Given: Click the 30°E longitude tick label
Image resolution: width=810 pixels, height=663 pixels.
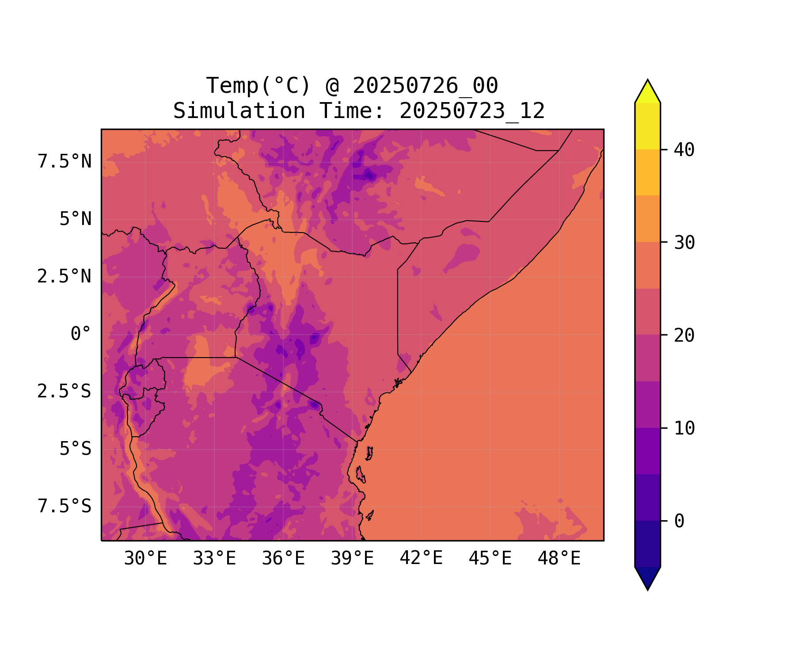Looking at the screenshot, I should pos(145,559).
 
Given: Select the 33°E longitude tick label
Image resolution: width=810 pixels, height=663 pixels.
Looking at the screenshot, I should pos(214,559).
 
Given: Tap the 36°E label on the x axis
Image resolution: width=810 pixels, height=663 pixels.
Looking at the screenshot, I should pos(283,559).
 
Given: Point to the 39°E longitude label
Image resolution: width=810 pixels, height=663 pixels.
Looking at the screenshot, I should pos(352,559).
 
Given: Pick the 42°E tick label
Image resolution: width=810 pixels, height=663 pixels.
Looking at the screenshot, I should pos(421,558).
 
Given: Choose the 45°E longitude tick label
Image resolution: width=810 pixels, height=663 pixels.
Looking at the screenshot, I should pos(490,559).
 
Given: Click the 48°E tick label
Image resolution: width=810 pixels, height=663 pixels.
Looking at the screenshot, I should pos(559,559).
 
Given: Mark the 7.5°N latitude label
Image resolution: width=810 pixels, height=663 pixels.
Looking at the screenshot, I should pos(65,162).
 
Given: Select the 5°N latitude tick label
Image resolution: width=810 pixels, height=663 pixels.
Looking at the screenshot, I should pos(76,219).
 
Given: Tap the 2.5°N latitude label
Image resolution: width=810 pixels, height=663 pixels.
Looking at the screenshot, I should pos(65,277).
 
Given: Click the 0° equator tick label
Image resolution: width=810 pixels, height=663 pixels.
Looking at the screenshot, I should pos(81,334).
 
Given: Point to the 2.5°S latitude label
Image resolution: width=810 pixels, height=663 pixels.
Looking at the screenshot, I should pos(65,392).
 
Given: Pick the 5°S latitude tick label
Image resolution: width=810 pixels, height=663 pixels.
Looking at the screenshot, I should pos(76,449).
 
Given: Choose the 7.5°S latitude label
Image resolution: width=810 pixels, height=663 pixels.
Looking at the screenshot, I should pos(65,507).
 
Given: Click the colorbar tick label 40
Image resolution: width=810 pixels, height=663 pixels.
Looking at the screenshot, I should pos(684,150).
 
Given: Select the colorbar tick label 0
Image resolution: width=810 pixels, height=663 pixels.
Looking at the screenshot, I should pos(679,522).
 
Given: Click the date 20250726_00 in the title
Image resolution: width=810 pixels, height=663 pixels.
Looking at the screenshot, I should pos(425,86).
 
